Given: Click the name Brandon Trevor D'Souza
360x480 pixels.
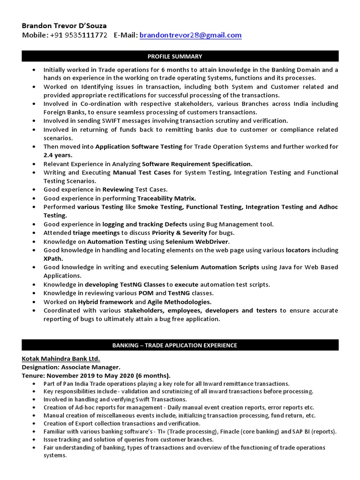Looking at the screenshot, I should point(64,25).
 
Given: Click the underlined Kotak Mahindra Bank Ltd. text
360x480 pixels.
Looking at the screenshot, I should point(60,359).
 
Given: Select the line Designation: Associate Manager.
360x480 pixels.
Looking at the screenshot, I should point(71,367).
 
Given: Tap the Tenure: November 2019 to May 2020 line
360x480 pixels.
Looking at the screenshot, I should point(96,375).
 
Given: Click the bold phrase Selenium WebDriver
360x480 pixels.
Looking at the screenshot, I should point(197,242).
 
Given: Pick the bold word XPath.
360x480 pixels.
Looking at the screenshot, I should point(53,259).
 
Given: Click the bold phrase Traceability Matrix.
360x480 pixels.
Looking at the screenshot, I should point(166,198).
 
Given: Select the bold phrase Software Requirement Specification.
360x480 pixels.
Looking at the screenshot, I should point(197,164).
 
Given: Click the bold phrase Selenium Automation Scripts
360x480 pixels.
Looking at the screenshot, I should point(214,267).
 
